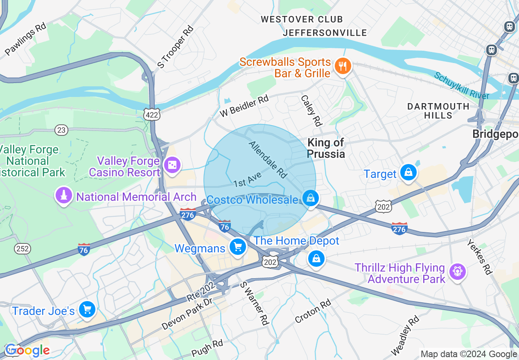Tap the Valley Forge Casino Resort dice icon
click(172, 165)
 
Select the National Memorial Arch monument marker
click(63, 196)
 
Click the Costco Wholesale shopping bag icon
click(311, 198)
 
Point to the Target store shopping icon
click(408, 172)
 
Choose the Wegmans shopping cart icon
click(237, 247)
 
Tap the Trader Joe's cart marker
click(87, 309)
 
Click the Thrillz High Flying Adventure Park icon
click(457, 271)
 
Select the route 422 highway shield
click(152, 115)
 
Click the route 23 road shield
click(61, 130)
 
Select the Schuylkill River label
click(461, 85)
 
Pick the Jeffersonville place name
click(325, 33)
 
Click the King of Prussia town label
click(326, 148)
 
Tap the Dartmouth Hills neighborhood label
click(438, 111)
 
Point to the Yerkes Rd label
click(479, 257)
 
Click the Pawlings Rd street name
click(25, 39)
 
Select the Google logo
click(27, 350)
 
